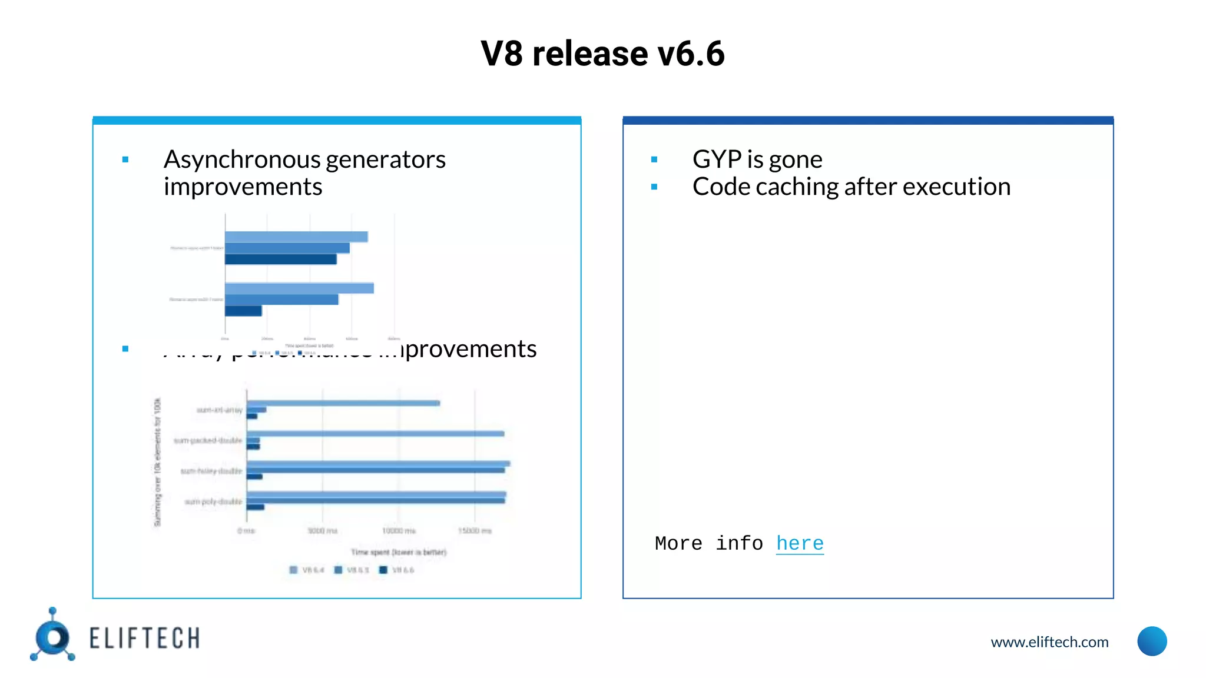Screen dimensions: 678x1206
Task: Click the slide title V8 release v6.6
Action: point(602,54)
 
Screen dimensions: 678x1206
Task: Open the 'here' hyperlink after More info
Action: point(799,543)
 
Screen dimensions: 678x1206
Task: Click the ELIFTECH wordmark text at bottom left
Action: point(144,639)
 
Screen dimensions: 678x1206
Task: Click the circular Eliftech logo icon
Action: point(54,637)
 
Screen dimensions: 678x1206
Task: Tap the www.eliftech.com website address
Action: point(1049,642)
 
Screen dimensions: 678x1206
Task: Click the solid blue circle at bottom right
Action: point(1152,642)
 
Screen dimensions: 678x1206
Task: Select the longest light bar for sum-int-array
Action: point(343,403)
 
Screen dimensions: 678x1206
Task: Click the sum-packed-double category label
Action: point(208,440)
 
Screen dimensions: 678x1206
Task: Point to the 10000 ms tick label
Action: point(399,531)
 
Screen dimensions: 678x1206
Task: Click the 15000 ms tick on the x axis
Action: point(475,531)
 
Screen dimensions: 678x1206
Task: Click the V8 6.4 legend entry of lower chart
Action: point(307,570)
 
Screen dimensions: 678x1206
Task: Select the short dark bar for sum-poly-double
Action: point(255,507)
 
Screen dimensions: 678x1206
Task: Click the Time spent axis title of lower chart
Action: point(399,552)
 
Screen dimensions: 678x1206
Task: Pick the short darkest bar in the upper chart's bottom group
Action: point(243,311)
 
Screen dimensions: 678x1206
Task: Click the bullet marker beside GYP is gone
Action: point(654,159)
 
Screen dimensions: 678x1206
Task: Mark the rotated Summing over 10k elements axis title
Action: point(157,462)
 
